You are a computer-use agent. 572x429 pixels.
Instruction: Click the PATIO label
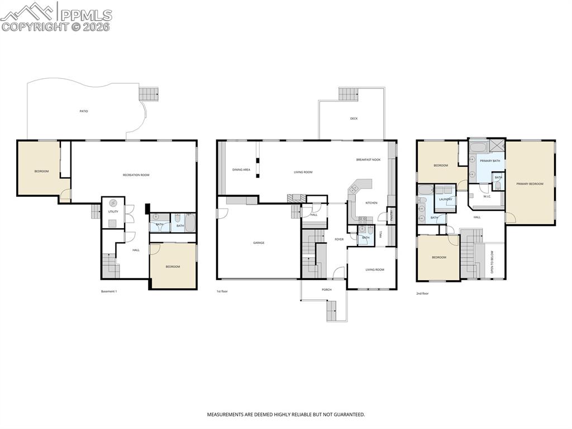point(83,111)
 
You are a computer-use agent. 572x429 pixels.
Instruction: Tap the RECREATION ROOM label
point(136,175)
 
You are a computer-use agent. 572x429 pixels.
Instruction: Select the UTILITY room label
point(113,212)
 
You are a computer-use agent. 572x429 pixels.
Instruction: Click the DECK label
point(354,119)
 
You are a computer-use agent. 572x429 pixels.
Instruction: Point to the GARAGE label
point(259,243)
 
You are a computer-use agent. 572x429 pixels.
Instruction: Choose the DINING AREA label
point(241,169)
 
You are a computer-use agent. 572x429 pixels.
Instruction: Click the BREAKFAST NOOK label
point(368,160)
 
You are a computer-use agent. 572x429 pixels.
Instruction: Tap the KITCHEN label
point(371,203)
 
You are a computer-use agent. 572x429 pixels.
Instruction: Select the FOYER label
point(339,239)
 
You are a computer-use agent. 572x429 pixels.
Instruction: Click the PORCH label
point(327,290)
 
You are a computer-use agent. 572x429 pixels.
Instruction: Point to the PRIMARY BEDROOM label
point(530,183)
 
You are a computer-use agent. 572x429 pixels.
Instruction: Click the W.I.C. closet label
point(487,197)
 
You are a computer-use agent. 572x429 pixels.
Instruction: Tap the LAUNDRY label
point(445,200)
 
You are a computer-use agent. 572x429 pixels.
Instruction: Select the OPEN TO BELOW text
point(492,262)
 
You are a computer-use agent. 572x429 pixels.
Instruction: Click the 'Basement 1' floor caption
point(109,291)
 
